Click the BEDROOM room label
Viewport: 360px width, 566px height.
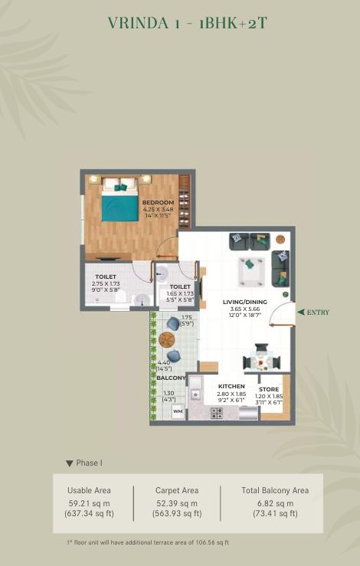158,202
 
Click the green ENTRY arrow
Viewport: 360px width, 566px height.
301,312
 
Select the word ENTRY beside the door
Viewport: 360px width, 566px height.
318,312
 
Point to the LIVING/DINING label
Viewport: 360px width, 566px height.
245,302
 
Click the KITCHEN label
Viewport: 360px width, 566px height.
231,386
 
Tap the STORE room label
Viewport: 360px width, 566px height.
269,390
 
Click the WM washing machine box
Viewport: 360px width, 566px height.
178,411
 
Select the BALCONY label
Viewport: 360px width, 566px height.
171,378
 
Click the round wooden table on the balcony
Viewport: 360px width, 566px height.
166,339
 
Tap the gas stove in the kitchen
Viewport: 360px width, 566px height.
217,413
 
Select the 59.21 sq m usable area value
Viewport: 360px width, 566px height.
89,503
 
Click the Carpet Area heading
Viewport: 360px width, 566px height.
177,490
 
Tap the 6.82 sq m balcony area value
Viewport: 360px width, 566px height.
275,503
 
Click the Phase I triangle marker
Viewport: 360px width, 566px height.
70,463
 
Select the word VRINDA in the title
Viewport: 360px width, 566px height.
139,23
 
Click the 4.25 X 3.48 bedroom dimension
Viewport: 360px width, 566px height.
158,209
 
